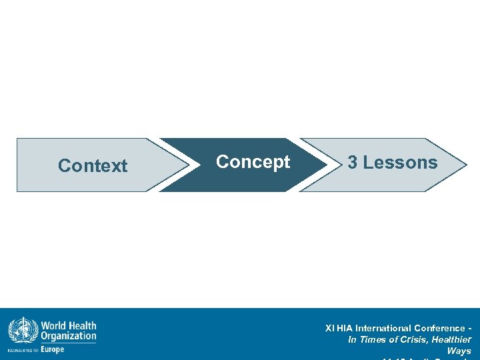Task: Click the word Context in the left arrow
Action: pyautogui.click(x=93, y=165)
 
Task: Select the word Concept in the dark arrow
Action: pyautogui.click(x=253, y=162)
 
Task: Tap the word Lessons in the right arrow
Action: pyautogui.click(x=401, y=163)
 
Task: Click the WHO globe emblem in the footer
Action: pyautogui.click(x=23, y=331)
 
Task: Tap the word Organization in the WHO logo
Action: pyautogui.click(x=69, y=337)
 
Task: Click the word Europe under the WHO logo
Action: pyautogui.click(x=53, y=349)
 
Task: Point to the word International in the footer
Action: pyautogui.click(x=383, y=328)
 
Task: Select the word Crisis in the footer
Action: pyautogui.click(x=409, y=340)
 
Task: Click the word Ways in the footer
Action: pyautogui.click(x=459, y=351)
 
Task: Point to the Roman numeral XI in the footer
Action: pyautogui.click(x=329, y=328)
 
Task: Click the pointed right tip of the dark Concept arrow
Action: pyautogui.click(x=325, y=165)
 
